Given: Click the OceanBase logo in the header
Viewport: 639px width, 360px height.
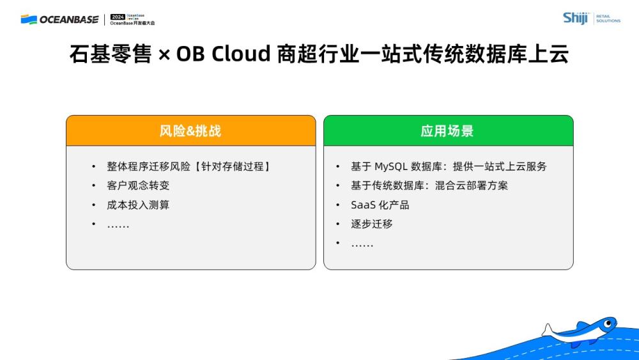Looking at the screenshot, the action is [x=59, y=20].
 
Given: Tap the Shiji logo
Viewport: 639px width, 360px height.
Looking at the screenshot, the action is [x=576, y=19].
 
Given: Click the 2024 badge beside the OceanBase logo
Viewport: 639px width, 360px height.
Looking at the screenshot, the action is [x=118, y=17].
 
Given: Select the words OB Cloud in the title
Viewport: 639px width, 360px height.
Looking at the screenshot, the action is [x=223, y=54].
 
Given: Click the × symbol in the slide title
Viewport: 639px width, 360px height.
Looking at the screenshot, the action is [x=164, y=55].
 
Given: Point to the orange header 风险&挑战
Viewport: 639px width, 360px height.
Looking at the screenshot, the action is [x=190, y=131].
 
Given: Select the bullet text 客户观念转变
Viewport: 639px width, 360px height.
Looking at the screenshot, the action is [x=138, y=185].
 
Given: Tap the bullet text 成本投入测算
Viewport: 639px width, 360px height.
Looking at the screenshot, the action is [x=138, y=205].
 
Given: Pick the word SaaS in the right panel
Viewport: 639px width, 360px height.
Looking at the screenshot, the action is [x=363, y=205].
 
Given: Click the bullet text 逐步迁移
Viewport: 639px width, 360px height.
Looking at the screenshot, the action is [x=372, y=224].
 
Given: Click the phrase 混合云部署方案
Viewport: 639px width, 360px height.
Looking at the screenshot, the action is [x=472, y=185].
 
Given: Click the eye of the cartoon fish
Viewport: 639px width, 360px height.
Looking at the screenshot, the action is [x=608, y=324].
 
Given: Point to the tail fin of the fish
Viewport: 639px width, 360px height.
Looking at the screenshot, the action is [x=547, y=330].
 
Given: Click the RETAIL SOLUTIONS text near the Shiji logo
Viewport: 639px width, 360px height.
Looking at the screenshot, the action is [x=608, y=19].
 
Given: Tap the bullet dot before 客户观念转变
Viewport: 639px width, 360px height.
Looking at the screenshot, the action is [x=94, y=185].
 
